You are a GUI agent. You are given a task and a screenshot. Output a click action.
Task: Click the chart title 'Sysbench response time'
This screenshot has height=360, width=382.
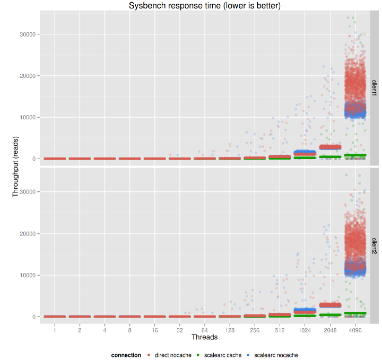click(205, 5)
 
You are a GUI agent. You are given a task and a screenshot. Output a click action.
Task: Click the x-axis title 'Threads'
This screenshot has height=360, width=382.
click(204, 337)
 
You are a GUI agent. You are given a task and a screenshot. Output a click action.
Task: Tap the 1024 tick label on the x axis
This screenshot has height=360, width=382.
click(305, 330)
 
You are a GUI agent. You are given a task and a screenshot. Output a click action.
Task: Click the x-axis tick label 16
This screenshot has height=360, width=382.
click(154, 330)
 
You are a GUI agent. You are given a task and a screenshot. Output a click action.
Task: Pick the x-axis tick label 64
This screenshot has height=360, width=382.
click(204, 330)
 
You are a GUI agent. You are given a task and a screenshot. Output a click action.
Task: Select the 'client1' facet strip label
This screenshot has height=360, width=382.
click(374, 87)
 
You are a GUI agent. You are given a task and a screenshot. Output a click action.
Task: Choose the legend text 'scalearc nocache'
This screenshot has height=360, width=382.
click(276, 355)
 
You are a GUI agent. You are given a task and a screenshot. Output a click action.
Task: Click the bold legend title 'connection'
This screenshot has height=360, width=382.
click(126, 355)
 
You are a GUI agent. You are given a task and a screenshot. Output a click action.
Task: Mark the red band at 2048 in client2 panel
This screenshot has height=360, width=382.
click(329, 305)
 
